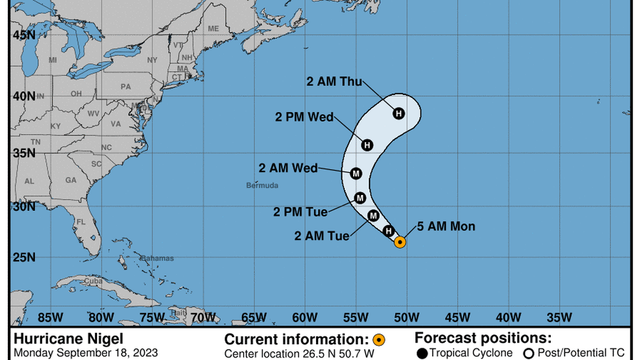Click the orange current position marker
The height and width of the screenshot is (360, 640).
click(x=400, y=242)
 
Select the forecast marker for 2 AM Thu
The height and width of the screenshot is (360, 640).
click(x=399, y=113)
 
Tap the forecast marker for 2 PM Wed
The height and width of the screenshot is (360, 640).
click(x=367, y=145)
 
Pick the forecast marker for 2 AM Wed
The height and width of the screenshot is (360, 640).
click(x=355, y=174)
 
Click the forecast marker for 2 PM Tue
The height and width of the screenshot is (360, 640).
click(x=360, y=198)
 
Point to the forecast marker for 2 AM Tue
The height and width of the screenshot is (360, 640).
click(x=373, y=216)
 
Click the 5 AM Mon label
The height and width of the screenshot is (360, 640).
click(x=446, y=226)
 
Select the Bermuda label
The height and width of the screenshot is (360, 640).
click(x=262, y=185)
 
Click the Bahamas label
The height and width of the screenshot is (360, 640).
click(x=157, y=258)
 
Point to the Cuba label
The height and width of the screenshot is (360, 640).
click(x=93, y=280)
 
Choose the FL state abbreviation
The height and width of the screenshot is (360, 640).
click(x=81, y=222)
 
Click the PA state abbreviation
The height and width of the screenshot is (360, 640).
click(x=125, y=86)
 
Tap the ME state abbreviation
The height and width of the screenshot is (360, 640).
click(x=213, y=29)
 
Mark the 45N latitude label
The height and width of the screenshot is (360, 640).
click(x=24, y=35)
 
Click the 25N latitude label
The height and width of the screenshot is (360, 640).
click(x=24, y=257)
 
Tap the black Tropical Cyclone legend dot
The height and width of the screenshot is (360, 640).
click(x=422, y=353)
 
